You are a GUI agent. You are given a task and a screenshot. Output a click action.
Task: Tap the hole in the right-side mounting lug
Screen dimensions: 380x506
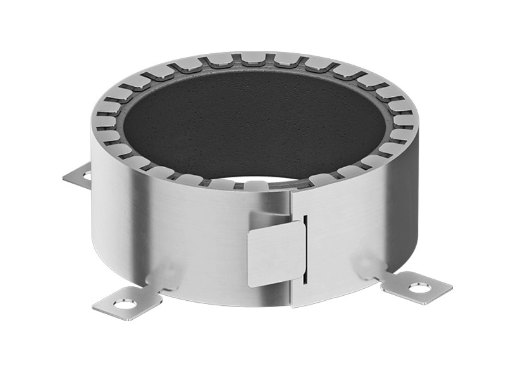pos(419,288)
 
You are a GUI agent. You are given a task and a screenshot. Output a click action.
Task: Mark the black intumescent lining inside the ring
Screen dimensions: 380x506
pos(253,120)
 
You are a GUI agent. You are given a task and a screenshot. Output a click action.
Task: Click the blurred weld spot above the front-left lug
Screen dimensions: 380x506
pos(166,274)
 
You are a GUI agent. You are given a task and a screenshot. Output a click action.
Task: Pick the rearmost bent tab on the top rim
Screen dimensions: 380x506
pos(253,61)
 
